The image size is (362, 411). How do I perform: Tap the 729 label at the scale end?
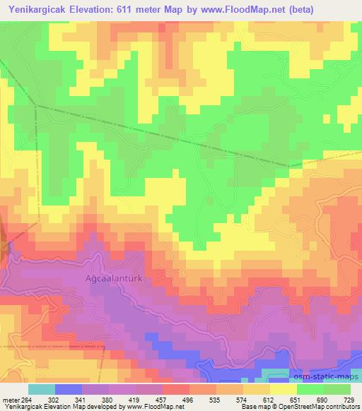[350, 400]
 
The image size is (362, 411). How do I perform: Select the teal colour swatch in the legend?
[42, 389]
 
